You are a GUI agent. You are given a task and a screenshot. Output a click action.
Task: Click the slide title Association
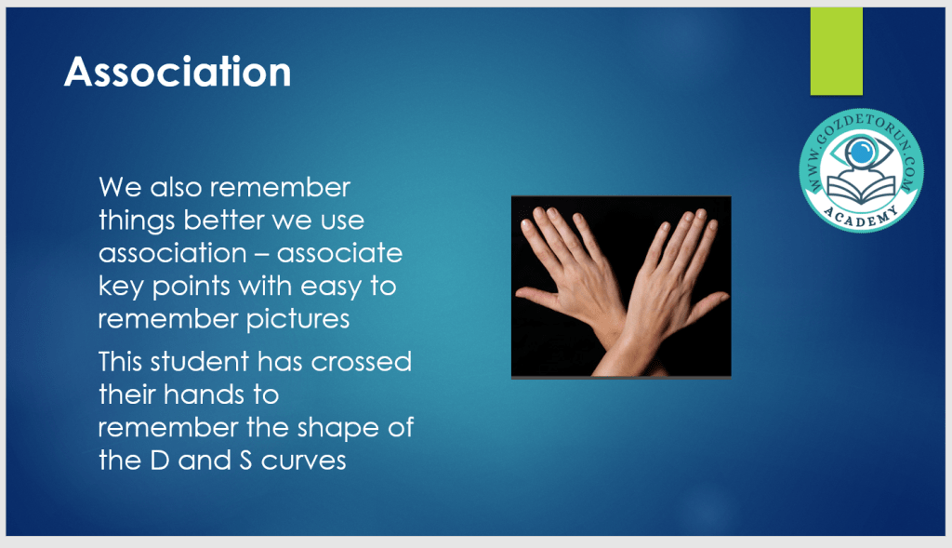(x=178, y=72)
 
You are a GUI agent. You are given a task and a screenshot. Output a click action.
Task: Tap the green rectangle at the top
(x=836, y=51)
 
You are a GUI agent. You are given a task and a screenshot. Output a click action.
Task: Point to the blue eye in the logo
(x=861, y=152)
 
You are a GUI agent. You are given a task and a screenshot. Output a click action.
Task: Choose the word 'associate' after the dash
(x=339, y=253)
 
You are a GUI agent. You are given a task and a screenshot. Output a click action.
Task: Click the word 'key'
(x=122, y=287)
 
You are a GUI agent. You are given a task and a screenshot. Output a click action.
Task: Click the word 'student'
(x=199, y=362)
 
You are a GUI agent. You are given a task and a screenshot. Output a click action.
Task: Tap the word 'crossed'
(x=362, y=362)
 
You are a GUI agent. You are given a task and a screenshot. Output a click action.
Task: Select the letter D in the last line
(x=159, y=461)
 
